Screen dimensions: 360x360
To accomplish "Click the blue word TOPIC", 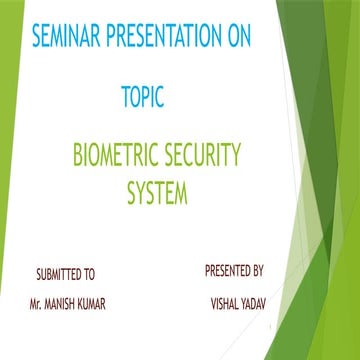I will click(x=142, y=98).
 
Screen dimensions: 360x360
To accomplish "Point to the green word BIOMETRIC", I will click(x=115, y=156).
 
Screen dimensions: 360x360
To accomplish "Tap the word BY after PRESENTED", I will click(x=257, y=270).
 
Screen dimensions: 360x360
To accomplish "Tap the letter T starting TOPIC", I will click(x=125, y=98).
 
